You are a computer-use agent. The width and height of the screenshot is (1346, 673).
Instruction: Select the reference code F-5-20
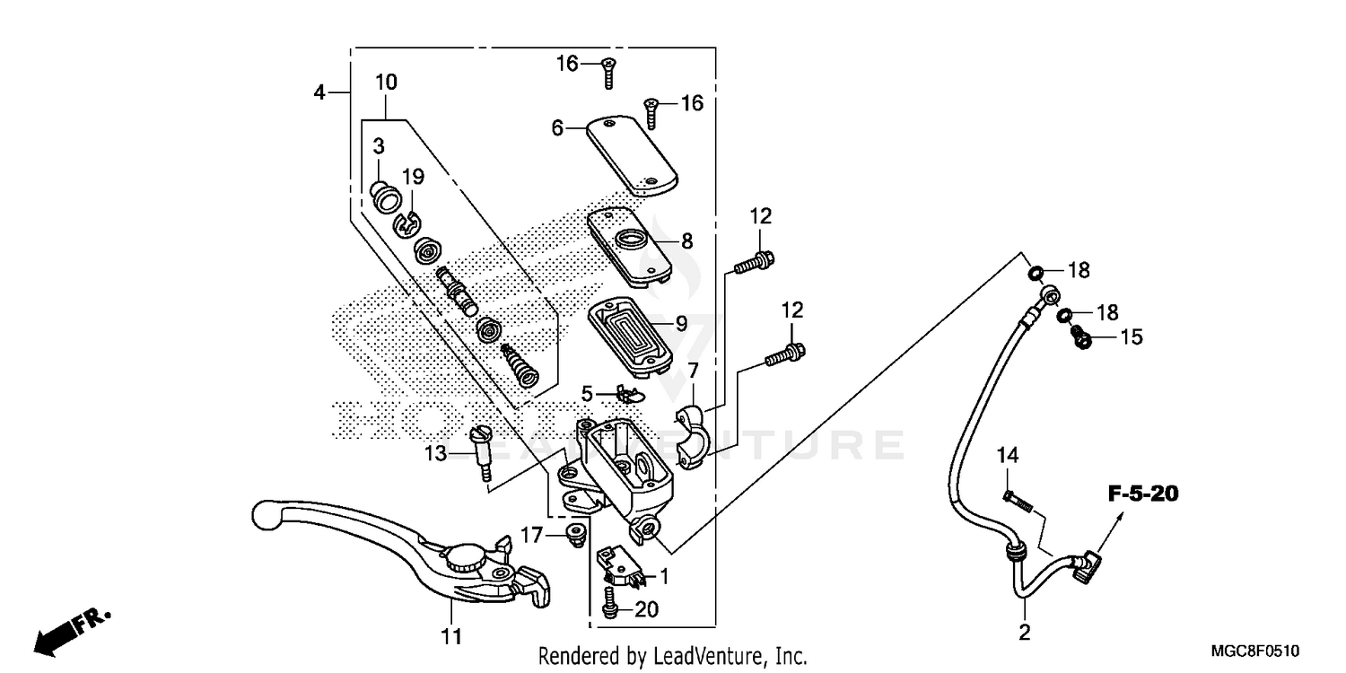(x=1141, y=494)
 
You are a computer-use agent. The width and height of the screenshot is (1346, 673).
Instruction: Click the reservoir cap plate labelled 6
(x=631, y=154)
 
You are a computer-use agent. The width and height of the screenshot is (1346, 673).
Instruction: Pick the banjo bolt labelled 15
(x=1083, y=337)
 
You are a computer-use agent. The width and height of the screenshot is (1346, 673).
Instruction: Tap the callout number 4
(x=319, y=92)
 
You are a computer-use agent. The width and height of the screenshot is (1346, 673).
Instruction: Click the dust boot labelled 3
(x=386, y=196)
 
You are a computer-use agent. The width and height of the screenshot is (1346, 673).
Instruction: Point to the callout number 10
(x=385, y=83)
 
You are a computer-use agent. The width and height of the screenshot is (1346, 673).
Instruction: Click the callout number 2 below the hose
(x=1025, y=634)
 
